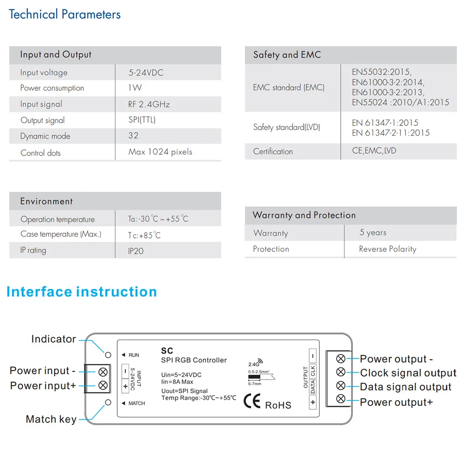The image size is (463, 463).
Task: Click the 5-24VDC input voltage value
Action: [x=146, y=73]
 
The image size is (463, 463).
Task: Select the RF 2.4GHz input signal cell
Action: [x=149, y=104]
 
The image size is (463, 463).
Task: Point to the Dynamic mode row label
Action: [x=45, y=136]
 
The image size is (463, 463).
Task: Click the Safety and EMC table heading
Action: [x=287, y=55]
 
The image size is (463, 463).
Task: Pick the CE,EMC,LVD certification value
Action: [x=374, y=151]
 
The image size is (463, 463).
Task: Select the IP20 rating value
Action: [x=136, y=251]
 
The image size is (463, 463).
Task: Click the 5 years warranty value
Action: [x=373, y=232]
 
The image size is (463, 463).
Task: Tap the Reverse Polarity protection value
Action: [x=388, y=249]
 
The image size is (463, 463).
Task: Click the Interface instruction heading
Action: [x=82, y=292]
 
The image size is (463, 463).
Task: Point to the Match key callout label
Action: [x=51, y=419]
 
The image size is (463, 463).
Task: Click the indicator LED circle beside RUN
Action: [x=108, y=355]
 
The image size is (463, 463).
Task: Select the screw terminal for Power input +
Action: [x=103, y=385]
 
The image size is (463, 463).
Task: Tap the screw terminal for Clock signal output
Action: [x=341, y=372]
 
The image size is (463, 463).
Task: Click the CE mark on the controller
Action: [x=252, y=401]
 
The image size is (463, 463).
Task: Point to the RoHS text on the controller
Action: [x=278, y=405]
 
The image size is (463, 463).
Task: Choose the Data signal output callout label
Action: [x=406, y=387]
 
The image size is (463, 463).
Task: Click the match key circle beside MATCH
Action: [x=108, y=402]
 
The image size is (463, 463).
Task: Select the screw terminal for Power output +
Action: [x=341, y=399]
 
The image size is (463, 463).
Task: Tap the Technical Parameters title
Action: [x=65, y=14]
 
